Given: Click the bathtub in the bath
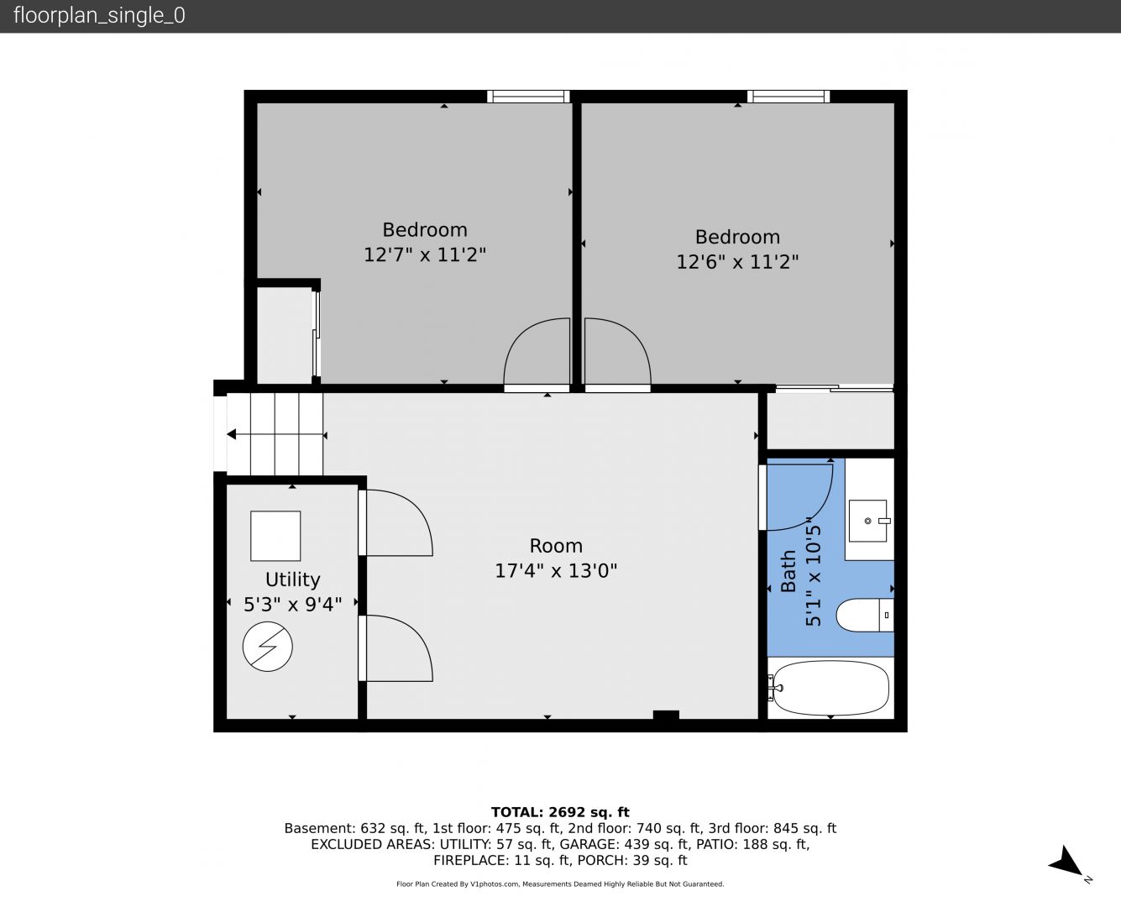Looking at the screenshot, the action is click(x=831, y=688).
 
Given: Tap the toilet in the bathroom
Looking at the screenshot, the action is click(x=865, y=615).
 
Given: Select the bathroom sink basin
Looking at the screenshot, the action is click(x=868, y=521).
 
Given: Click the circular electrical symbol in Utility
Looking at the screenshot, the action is click(x=267, y=647).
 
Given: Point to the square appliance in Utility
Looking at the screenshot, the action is click(x=275, y=536).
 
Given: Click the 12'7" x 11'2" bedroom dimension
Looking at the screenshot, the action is click(x=425, y=254).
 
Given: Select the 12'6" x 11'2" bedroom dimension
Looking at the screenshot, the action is click(x=737, y=262).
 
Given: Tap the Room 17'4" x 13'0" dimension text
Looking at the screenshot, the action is click(x=556, y=570).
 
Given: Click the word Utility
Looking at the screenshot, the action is click(x=292, y=579).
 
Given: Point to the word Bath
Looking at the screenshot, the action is click(x=788, y=571).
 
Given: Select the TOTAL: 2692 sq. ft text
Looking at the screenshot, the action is click(x=560, y=812).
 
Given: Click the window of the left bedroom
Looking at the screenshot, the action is click(x=528, y=97).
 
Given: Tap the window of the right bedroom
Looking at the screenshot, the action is click(x=788, y=97).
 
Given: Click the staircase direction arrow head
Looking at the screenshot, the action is click(x=231, y=434).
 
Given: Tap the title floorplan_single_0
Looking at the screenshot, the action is click(x=99, y=16).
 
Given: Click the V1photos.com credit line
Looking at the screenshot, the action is click(x=560, y=884).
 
